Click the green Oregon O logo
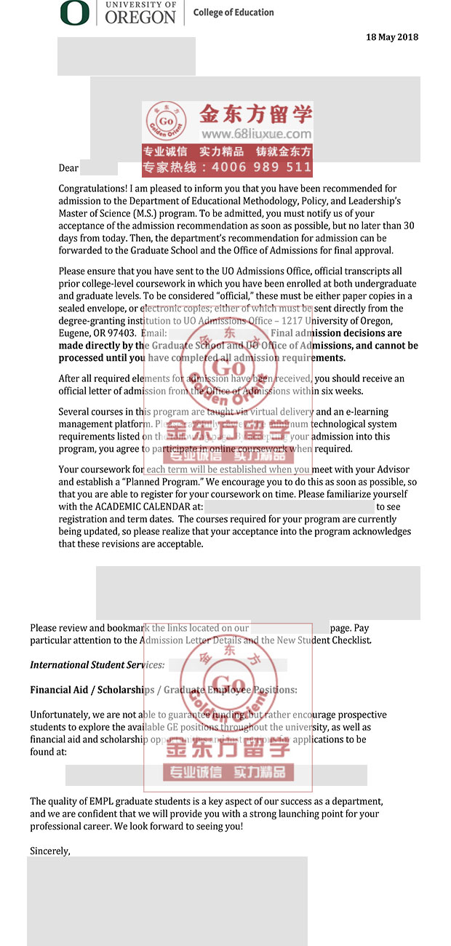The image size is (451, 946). (75, 12)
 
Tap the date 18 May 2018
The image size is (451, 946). (392, 37)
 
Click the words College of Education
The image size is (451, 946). (234, 12)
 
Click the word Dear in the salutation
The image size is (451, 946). (68, 168)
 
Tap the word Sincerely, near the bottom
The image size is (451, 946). (50, 850)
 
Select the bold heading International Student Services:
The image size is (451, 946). (97, 664)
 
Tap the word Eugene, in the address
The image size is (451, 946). (74, 333)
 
